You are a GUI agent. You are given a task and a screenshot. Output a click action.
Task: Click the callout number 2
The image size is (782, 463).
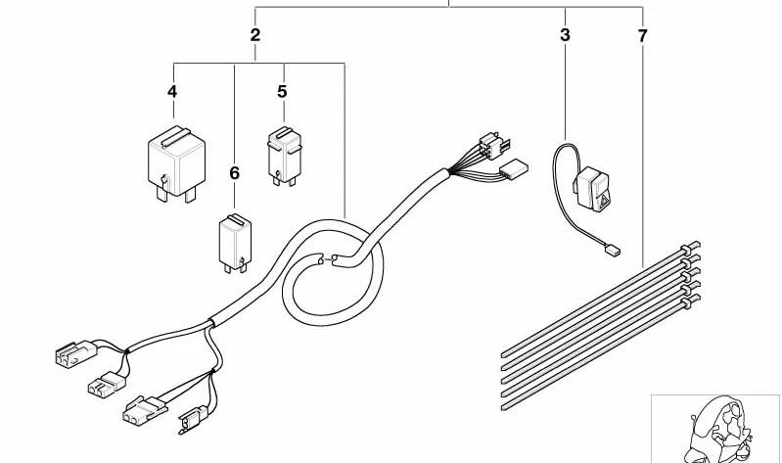point(254,35)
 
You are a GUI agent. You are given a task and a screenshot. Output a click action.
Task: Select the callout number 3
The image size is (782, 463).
point(565,35)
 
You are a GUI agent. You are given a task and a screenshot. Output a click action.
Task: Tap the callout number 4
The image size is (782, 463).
point(172,92)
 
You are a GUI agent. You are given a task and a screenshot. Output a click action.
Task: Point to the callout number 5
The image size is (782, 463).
point(282,92)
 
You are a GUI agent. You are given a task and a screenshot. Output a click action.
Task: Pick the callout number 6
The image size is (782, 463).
point(234,173)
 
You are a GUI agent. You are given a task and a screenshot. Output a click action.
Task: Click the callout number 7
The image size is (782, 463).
point(642,36)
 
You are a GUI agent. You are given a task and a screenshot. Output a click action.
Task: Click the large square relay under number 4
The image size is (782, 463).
point(176,164)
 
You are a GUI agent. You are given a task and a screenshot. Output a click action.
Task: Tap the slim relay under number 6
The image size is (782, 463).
point(235,244)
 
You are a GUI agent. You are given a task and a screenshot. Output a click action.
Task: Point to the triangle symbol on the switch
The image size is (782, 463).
point(604,201)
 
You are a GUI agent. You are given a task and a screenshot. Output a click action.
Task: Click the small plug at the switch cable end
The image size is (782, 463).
point(613,250)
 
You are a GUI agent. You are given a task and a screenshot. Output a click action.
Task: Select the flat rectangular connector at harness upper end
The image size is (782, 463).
point(513,169)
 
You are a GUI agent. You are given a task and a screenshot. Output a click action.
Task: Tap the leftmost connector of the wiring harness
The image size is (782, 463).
point(75,353)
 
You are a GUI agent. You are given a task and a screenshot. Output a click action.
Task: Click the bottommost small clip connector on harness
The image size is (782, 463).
point(193,419)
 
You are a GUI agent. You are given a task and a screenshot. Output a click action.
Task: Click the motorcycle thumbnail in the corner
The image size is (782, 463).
point(716,429)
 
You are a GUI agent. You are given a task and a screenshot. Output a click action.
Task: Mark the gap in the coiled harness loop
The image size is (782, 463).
point(327,258)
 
